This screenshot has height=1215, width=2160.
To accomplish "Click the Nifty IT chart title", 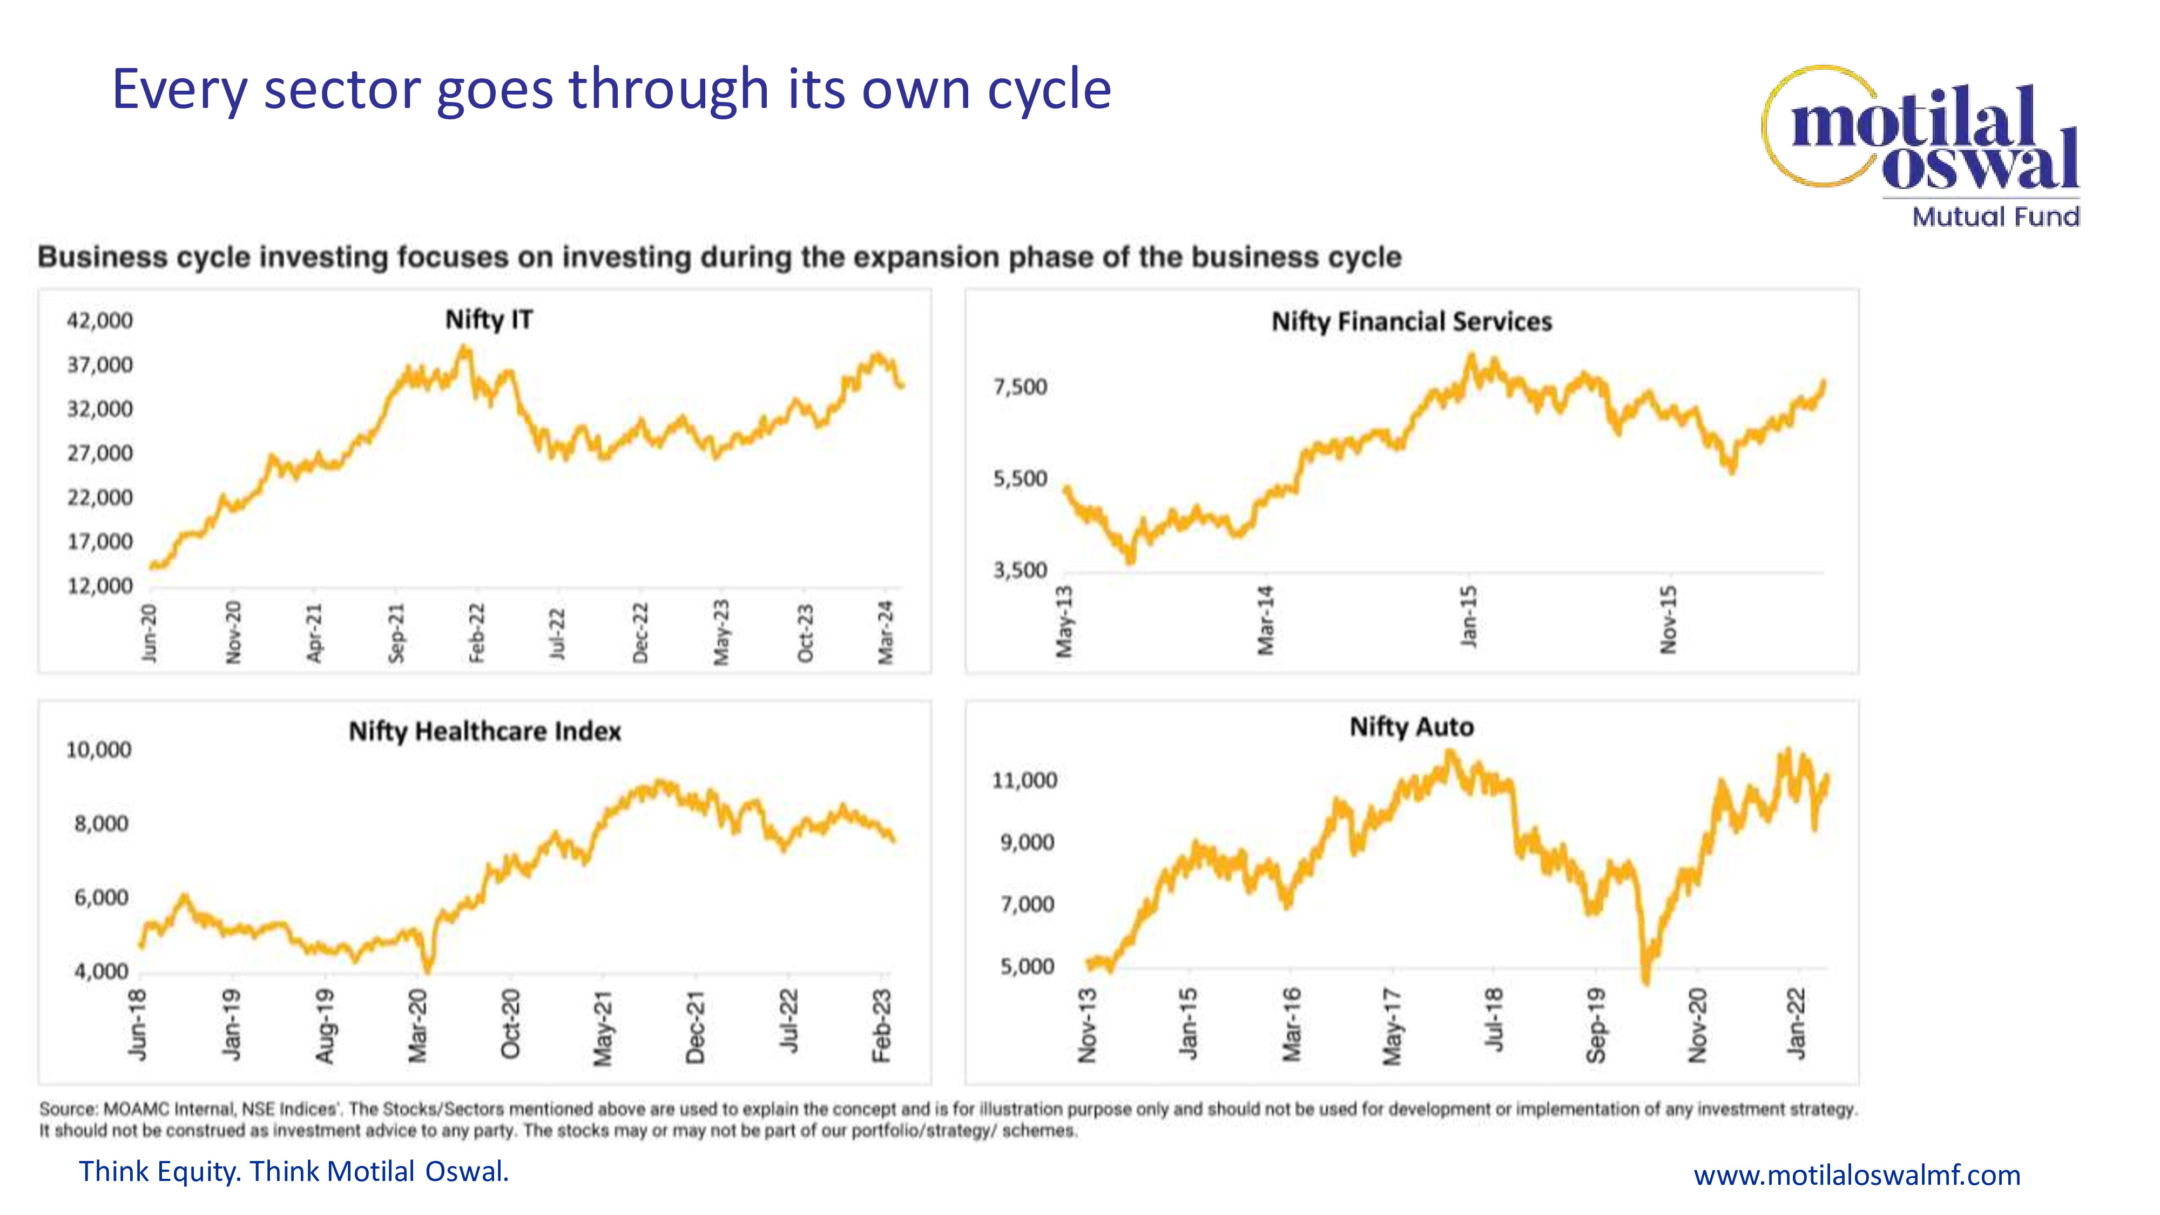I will tap(489, 320).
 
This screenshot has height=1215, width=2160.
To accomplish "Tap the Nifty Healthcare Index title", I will tap(485, 731).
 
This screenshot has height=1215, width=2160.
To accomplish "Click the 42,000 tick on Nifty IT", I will tap(100, 320).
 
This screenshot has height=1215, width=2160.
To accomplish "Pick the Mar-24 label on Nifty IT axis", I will tap(886, 633).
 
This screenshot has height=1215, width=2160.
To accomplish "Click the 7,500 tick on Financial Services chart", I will tap(1021, 387).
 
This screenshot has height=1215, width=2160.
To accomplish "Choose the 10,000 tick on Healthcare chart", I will tap(99, 750).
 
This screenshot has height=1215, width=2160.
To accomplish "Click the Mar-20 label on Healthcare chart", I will tap(417, 1025).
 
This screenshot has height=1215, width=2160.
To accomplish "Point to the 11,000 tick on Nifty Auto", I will tap(1025, 781).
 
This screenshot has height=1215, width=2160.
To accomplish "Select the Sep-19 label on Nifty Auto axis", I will tap(1596, 1025).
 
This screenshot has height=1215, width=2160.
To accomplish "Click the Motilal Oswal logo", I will tap(1920, 134).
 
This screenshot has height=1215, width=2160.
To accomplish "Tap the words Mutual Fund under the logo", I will tap(1996, 217).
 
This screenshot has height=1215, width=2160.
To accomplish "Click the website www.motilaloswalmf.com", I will tap(1857, 1174).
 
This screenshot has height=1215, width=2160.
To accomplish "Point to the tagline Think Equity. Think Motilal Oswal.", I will tap(293, 1171).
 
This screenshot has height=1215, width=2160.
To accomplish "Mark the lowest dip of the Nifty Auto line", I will tap(1645, 982).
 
